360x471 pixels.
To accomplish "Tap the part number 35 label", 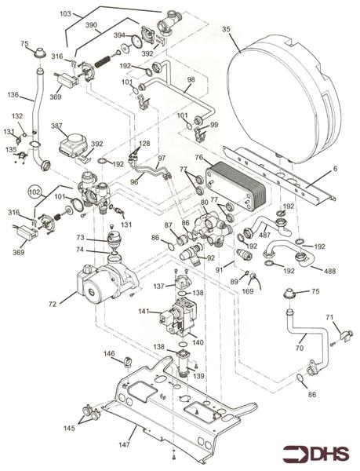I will point(227,30).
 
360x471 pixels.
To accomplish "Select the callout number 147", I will point(125,444).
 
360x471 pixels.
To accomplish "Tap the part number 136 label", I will point(13,95).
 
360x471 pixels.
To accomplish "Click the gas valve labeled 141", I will point(144,312).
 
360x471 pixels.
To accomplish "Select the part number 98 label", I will point(191,80).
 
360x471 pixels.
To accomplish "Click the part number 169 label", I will point(248,290).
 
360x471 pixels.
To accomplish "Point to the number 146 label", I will point(109,354).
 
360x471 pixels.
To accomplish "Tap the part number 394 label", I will point(120,35).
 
